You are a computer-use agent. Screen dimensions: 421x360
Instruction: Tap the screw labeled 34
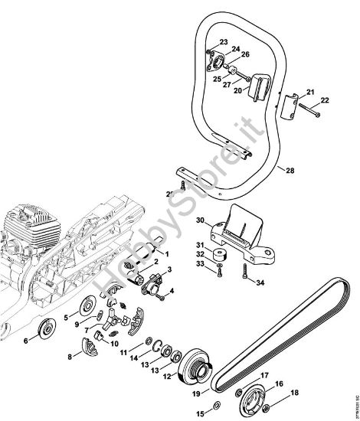(243, 270)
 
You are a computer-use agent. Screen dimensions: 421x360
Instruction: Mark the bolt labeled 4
(162, 289)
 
